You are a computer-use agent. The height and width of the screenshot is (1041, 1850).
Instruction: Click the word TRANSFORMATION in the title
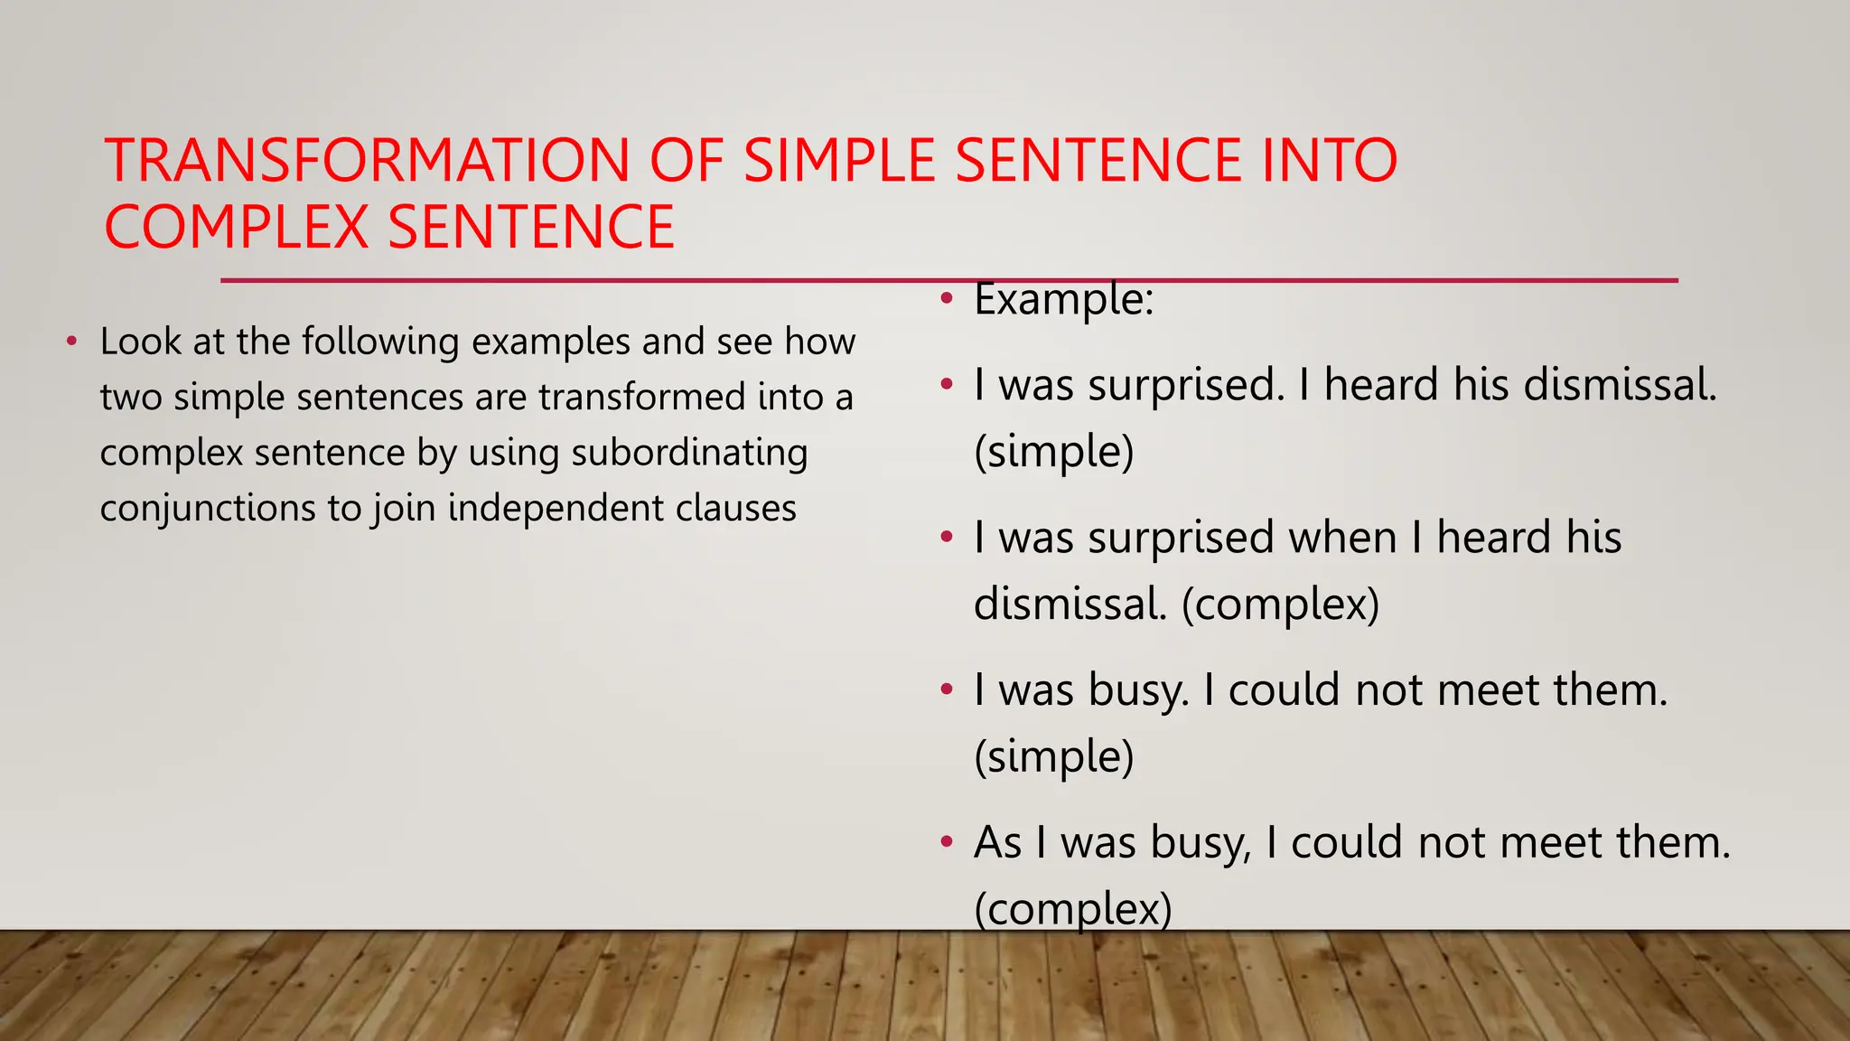[367, 161]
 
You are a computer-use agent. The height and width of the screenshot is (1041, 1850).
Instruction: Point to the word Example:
[1063, 299]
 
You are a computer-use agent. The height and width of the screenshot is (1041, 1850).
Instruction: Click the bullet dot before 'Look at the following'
[71, 342]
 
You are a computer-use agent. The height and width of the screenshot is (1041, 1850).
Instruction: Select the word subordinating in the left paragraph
[689, 453]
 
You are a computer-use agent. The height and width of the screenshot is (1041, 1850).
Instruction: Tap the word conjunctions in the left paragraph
[207, 509]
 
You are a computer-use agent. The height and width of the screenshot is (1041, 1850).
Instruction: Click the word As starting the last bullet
[997, 843]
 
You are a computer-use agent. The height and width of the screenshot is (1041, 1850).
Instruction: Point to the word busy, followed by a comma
[1201, 843]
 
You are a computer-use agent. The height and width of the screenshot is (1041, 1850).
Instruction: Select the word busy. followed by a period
[1138, 690]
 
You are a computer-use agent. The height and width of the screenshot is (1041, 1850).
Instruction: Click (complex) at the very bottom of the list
[1072, 909]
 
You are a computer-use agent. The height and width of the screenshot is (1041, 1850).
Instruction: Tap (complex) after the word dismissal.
[1280, 605]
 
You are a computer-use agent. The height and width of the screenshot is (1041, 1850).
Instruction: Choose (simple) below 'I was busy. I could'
[1053, 757]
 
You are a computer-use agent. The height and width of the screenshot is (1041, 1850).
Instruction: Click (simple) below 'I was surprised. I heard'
[1053, 452]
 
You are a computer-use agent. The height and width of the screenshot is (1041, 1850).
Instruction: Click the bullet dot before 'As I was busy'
[946, 843]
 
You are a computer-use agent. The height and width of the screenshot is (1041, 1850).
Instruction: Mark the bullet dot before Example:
[946, 299]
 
